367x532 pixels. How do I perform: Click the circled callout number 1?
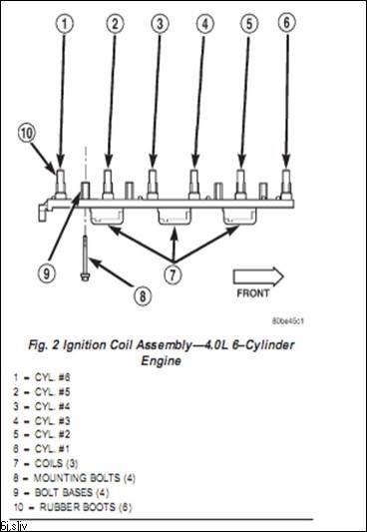(x=65, y=23)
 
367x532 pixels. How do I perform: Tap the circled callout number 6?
(x=286, y=22)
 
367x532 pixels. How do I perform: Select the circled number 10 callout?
(x=27, y=133)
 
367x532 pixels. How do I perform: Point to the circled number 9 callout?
(x=47, y=272)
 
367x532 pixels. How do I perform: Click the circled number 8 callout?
(x=143, y=296)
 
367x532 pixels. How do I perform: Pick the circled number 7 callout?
(x=174, y=274)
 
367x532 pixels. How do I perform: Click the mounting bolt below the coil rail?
(x=85, y=258)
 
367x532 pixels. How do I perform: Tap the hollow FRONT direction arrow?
(x=258, y=276)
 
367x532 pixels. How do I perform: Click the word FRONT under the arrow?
(x=252, y=293)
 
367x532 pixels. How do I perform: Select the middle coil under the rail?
(x=175, y=217)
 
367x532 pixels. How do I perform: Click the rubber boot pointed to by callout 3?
(x=153, y=184)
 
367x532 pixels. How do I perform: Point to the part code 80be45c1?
(x=287, y=321)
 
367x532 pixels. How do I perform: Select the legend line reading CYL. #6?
(x=42, y=377)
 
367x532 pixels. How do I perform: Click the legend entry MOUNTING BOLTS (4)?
(x=74, y=478)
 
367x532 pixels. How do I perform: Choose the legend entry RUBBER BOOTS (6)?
(x=73, y=507)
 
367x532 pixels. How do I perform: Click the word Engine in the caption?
(x=161, y=361)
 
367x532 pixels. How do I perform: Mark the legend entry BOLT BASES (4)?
(x=61, y=493)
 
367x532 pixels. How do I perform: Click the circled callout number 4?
(x=204, y=23)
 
